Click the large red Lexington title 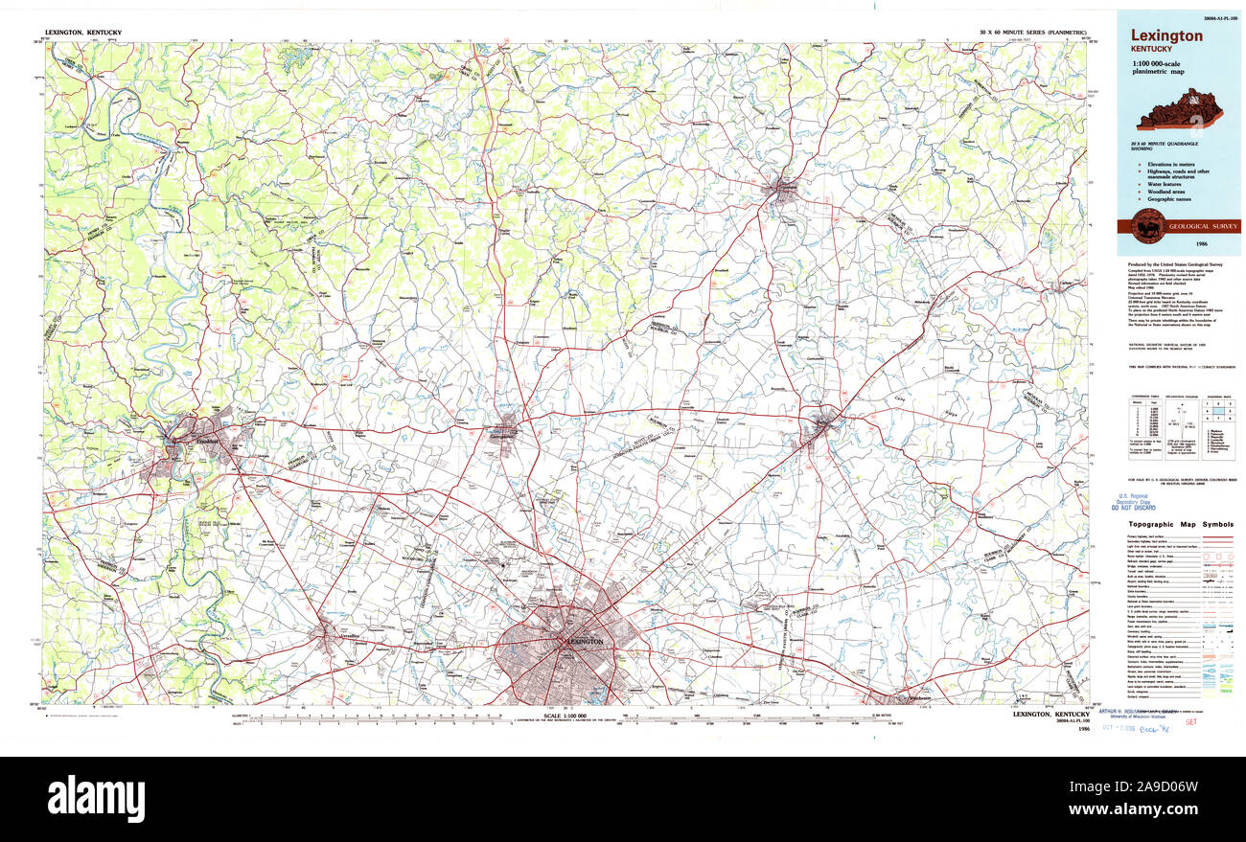click(x=1166, y=36)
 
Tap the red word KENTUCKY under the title click(x=1149, y=49)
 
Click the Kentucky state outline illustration click(x=1179, y=109)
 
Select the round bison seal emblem click(x=1147, y=227)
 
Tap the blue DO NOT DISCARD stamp click(x=1138, y=507)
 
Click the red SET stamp click(x=1191, y=724)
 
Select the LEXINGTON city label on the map click(x=584, y=641)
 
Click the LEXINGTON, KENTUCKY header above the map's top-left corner click(x=83, y=33)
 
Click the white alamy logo click(x=96, y=797)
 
